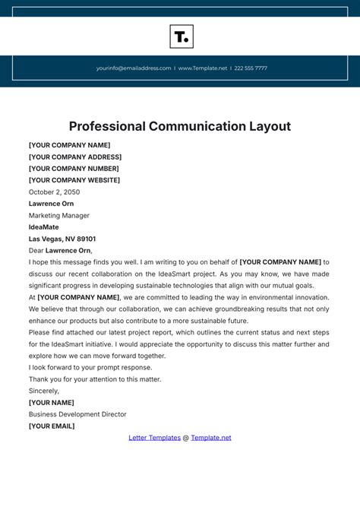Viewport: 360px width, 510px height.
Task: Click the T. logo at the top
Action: coord(181,36)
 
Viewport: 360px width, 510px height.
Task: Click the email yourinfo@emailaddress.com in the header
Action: coord(134,68)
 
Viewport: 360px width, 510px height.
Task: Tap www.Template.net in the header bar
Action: coord(203,68)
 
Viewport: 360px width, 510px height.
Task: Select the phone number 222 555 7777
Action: coord(251,68)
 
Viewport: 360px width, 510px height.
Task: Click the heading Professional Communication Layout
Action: coord(180,126)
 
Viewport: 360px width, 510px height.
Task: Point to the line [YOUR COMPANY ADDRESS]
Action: coord(75,157)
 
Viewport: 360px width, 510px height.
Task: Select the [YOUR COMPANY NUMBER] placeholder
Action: coord(74,169)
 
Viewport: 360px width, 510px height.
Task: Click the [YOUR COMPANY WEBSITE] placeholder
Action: coord(74,180)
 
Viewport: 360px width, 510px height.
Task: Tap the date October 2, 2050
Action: coord(54,192)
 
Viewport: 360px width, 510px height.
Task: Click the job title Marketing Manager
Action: coord(59,216)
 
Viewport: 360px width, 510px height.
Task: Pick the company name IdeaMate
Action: coord(43,227)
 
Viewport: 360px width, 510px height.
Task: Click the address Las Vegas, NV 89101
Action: coord(62,239)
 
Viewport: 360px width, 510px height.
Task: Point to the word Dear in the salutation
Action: coord(36,250)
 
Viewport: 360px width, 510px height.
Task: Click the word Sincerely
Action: coord(44,391)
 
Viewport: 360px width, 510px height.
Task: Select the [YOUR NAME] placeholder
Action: coord(52,403)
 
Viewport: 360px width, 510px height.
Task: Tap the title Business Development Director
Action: coord(77,414)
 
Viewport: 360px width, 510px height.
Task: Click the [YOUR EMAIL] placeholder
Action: coord(52,426)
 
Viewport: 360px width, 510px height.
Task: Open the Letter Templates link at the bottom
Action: coord(154,438)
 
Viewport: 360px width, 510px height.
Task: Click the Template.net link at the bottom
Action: coord(211,438)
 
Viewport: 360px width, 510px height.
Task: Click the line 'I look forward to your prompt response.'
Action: coord(90,367)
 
